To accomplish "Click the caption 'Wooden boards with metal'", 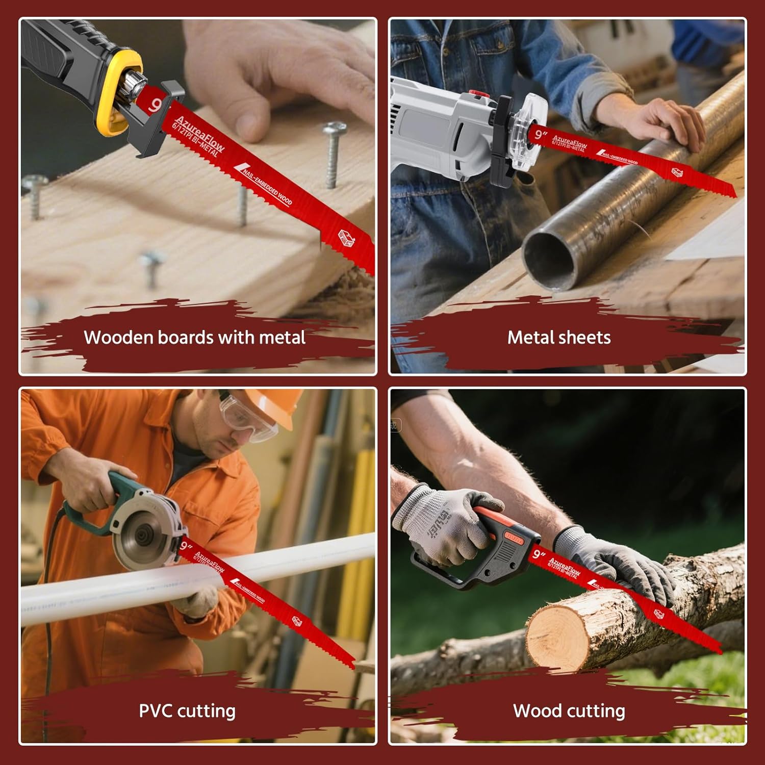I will tap(194, 338).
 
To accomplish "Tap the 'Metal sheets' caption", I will tap(558, 338).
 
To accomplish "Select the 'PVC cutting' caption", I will tap(187, 711).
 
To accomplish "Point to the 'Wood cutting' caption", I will tap(569, 711).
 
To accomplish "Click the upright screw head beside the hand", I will tap(335, 128).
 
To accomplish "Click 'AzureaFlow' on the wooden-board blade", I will tap(199, 134).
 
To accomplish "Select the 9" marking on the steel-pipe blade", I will tap(541, 135).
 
